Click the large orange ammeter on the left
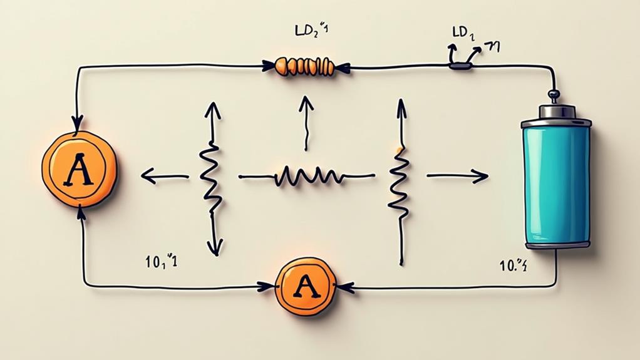pyautogui.click(x=79, y=170)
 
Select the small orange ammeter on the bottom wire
pyautogui.click(x=306, y=287)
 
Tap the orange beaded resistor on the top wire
pyautogui.click(x=305, y=65)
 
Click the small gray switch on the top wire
pyautogui.click(x=460, y=64)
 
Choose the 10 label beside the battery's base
pyautogui.click(x=512, y=265)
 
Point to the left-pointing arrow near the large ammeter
pyautogui.click(x=164, y=177)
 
